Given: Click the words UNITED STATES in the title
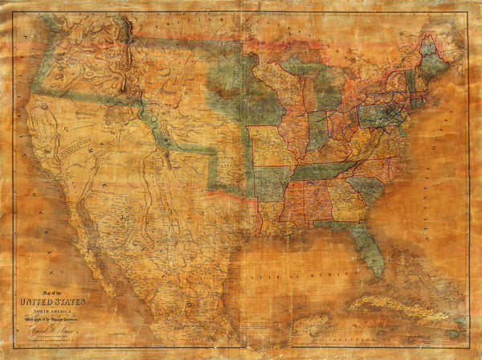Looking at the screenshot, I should point(50,302).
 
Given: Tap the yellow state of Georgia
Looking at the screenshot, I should point(345,201).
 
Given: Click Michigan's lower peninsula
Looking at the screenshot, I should point(325,92).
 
